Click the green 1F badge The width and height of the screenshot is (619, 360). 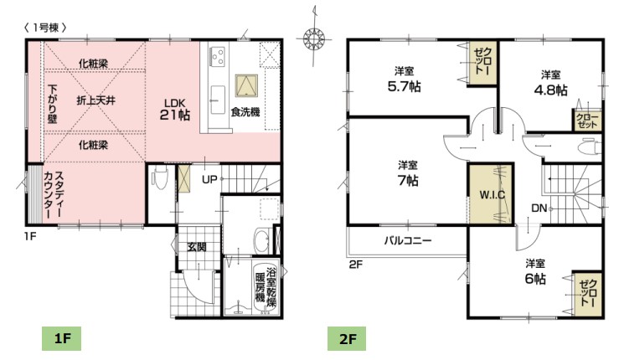pyautogui.click(x=62, y=339)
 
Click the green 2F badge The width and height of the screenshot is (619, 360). pyautogui.click(x=347, y=339)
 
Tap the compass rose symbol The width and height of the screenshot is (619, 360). pyautogui.click(x=313, y=39)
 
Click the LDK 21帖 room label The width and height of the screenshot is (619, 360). pyautogui.click(x=175, y=110)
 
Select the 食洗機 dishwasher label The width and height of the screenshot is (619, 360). pyautogui.click(x=245, y=112)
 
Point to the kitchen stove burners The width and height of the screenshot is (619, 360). pyautogui.click(x=217, y=56)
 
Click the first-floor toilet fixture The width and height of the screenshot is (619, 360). pyautogui.click(x=160, y=177)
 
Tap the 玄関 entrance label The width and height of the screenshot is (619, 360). pyautogui.click(x=196, y=247)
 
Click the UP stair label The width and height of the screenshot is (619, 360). pyautogui.click(x=209, y=180)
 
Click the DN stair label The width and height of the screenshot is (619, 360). pyautogui.click(x=539, y=208)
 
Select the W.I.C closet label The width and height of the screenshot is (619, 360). pyautogui.click(x=492, y=194)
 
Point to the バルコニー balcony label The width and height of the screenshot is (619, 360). pyautogui.click(x=408, y=240)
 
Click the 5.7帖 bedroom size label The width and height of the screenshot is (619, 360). pyautogui.click(x=404, y=86)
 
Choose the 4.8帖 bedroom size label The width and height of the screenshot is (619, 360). pyautogui.click(x=550, y=90)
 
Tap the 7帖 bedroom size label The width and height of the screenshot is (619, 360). pyautogui.click(x=408, y=180)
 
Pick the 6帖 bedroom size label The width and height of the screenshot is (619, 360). pyautogui.click(x=535, y=279)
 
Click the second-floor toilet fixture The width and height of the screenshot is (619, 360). pyautogui.click(x=590, y=147)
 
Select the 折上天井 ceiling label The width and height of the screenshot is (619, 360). pyautogui.click(x=96, y=100)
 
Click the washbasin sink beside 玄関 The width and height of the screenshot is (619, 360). pyautogui.click(x=261, y=240)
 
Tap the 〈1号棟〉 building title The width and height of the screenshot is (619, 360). pyautogui.click(x=45, y=28)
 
